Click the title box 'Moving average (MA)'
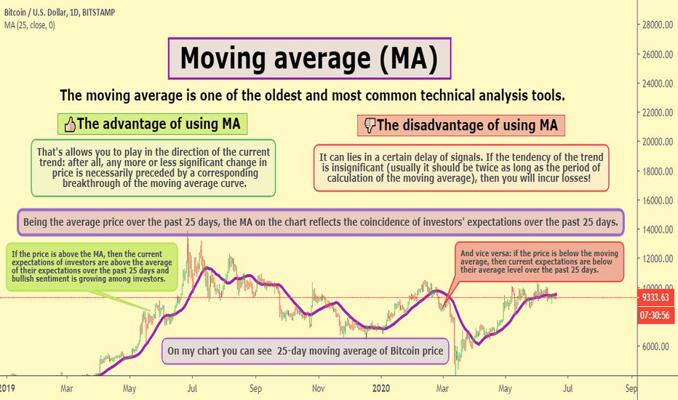tap(309, 58)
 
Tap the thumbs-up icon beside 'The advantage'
tap(70, 125)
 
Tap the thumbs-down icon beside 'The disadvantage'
tap(370, 125)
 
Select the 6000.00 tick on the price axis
tap(659, 346)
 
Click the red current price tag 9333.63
tap(655, 297)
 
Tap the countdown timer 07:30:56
tap(655, 315)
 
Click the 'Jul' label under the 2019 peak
tap(192, 388)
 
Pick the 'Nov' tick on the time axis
tap(318, 388)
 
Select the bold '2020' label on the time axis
tap(381, 388)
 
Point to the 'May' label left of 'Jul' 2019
tap(129, 389)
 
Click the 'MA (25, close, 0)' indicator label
tap(30, 25)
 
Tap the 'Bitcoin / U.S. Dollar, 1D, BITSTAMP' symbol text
tap(60, 12)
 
